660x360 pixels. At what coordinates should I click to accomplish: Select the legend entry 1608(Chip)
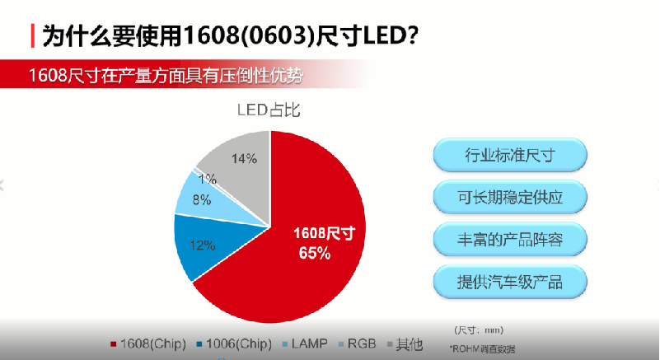[148, 343]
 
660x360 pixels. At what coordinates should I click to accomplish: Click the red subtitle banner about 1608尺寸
[165, 76]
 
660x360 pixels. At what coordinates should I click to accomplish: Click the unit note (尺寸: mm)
[478, 330]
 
